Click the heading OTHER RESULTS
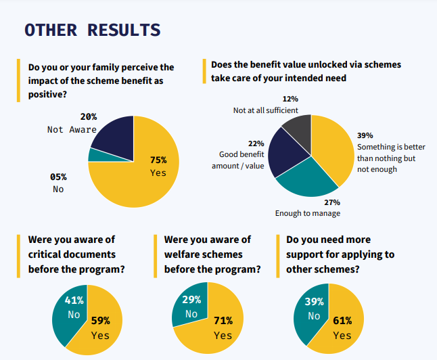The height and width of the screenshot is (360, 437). [92, 30]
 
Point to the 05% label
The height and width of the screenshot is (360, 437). [58, 177]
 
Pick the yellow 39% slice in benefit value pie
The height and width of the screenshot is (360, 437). [331, 149]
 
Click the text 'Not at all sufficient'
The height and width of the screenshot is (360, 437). [266, 110]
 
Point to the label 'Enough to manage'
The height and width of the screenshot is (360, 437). [307, 213]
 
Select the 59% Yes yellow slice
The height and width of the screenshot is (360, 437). [101, 325]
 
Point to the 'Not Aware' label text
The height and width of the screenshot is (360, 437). [72, 129]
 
